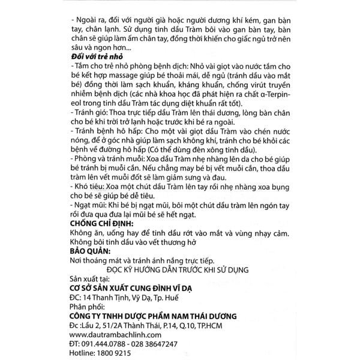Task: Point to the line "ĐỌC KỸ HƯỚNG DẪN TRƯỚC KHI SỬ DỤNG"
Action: coord(172,269)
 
